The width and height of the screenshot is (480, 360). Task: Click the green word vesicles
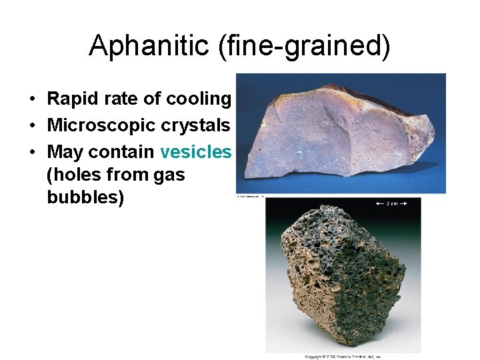coord(195,152)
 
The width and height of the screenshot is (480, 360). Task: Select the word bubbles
coord(85,199)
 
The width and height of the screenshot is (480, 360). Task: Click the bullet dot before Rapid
coord(32,99)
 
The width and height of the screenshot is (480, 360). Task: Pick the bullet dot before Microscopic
coord(32,126)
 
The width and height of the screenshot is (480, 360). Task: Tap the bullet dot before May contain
coord(32,153)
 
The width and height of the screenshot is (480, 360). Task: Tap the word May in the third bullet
coord(65,153)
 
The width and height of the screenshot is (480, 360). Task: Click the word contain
coord(121,152)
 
